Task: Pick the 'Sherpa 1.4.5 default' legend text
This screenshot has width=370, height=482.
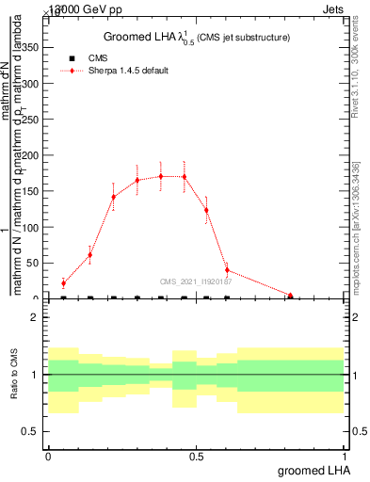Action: click(129, 71)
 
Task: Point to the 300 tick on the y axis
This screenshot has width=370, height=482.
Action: click(33, 84)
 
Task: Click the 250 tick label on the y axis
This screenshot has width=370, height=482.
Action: click(33, 120)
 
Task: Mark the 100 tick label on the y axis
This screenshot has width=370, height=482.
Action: click(33, 227)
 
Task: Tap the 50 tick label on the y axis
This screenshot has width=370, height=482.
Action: click(36, 264)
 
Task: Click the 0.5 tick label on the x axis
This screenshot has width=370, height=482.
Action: click(196, 456)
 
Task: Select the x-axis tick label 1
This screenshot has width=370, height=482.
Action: click(344, 456)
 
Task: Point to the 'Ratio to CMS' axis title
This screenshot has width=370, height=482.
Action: click(14, 374)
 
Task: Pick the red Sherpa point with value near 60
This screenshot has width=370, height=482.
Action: click(90, 254)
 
